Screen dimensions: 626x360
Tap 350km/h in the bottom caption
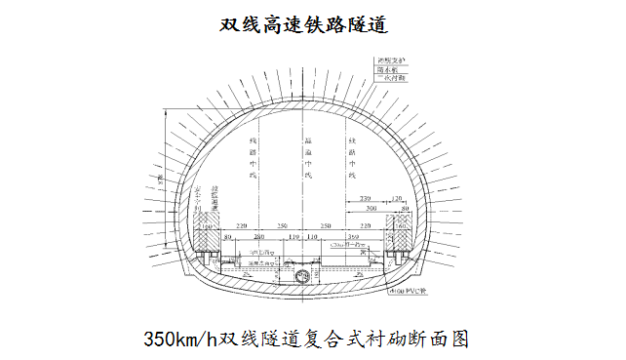181,339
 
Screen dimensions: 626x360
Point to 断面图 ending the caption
441,339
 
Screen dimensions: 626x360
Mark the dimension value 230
363,199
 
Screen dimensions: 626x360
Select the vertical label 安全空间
198,195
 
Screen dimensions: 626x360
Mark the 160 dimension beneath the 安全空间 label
208,227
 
